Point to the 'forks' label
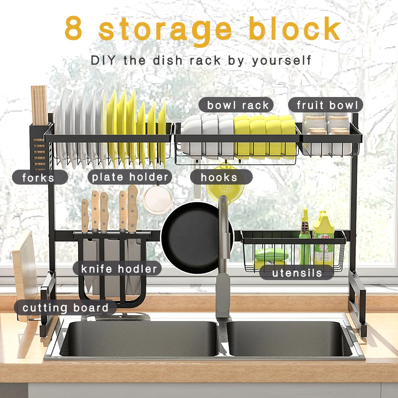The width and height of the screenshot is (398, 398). (38, 177)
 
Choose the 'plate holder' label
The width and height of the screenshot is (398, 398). (130, 177)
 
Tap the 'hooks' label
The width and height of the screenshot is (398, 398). (219, 177)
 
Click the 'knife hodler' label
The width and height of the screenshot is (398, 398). (119, 269)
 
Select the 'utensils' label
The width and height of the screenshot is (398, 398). (297, 273)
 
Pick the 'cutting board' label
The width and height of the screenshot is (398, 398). (65, 307)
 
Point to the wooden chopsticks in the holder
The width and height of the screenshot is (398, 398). (39, 104)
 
